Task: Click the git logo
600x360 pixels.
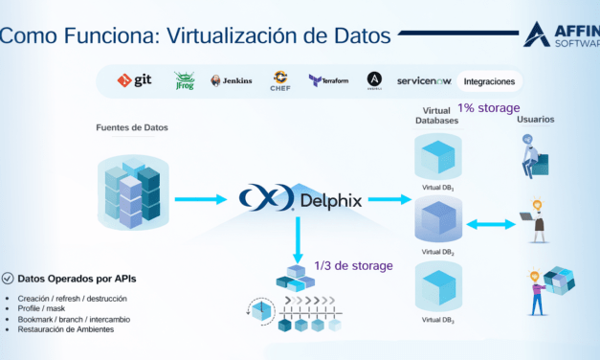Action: click(135, 81)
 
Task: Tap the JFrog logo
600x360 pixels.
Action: click(185, 81)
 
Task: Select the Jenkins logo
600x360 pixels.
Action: click(232, 81)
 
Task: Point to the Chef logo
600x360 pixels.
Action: click(280, 80)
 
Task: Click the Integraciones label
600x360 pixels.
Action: click(489, 81)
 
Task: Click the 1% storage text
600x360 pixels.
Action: click(488, 108)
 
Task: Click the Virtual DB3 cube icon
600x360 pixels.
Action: click(435, 288)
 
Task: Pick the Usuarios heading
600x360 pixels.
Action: click(536, 120)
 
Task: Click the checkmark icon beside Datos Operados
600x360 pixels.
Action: click(9, 279)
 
